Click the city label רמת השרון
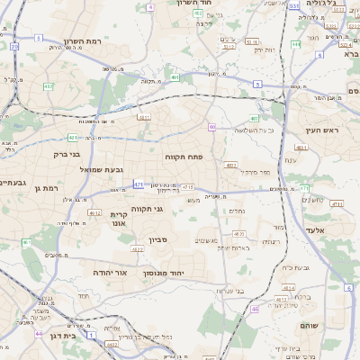point(85,42)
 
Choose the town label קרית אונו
point(121,220)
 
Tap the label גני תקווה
point(147,209)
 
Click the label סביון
point(158,240)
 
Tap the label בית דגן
point(73,335)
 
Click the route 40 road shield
point(211,127)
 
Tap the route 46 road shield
point(255,309)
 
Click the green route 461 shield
point(27,242)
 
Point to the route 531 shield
point(294,5)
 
